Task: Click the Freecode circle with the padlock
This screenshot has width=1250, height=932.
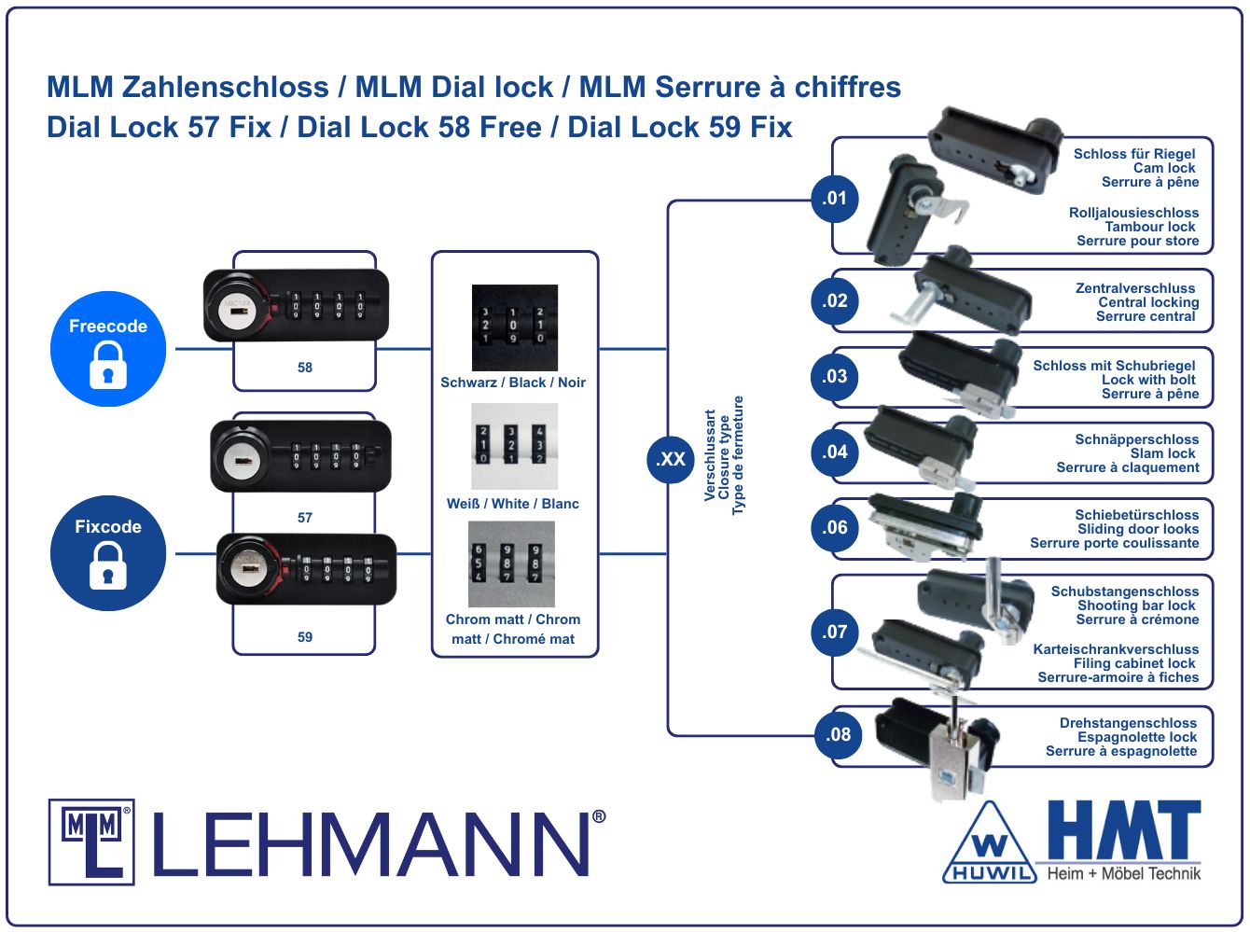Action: tap(108, 349)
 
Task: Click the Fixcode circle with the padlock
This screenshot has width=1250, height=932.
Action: tap(108, 553)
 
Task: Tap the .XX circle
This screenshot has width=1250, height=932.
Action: tap(671, 459)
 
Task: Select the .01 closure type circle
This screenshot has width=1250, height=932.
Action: tap(834, 199)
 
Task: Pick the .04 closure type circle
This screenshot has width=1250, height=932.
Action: tap(834, 452)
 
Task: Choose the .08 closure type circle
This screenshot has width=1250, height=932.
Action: tap(839, 734)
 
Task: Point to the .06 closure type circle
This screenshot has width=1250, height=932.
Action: tap(834, 528)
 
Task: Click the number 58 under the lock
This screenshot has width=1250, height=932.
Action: tap(305, 368)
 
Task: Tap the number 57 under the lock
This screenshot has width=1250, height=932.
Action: tap(305, 518)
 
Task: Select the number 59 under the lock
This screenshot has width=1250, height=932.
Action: tap(305, 637)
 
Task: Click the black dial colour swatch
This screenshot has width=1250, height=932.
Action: tap(515, 327)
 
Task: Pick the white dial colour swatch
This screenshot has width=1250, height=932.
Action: tap(515, 446)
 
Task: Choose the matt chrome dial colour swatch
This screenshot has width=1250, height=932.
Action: tap(511, 564)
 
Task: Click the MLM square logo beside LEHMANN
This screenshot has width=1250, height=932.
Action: tap(91, 842)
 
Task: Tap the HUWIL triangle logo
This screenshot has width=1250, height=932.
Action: tap(990, 843)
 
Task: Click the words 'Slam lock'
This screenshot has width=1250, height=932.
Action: tap(1163, 453)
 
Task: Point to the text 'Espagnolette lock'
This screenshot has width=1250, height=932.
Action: tap(1137, 737)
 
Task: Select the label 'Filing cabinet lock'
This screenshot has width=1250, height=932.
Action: tap(1134, 663)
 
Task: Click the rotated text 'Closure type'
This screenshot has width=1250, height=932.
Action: tap(723, 458)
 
